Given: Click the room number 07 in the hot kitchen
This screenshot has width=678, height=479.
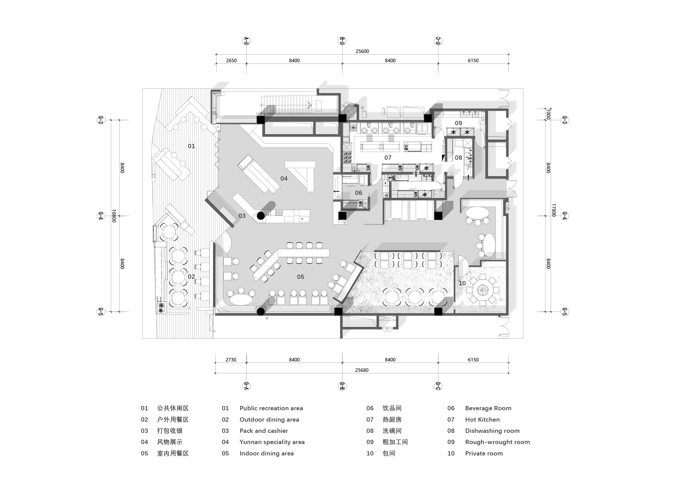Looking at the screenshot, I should [x=388, y=158].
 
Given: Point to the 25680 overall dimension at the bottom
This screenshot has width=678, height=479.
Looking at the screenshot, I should [x=362, y=370].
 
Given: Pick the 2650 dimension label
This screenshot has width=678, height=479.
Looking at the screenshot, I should [x=231, y=60].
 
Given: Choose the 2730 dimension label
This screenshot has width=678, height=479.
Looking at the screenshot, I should [x=231, y=360].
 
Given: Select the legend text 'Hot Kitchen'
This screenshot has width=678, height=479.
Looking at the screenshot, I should [x=482, y=420].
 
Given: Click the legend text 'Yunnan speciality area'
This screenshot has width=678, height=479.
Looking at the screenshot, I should [x=272, y=442].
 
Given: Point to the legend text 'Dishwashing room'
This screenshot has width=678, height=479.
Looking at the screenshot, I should [x=492, y=431].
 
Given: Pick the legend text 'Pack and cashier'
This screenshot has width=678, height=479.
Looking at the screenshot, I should [x=264, y=431].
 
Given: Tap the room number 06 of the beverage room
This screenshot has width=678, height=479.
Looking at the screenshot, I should [x=359, y=193].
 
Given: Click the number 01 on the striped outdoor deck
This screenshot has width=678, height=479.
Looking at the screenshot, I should [x=191, y=146].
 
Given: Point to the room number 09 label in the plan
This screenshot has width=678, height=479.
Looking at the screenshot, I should [x=458, y=123].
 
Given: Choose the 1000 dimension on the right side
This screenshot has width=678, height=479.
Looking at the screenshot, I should [x=548, y=114].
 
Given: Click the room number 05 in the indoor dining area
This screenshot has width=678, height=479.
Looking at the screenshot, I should [x=300, y=277].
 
